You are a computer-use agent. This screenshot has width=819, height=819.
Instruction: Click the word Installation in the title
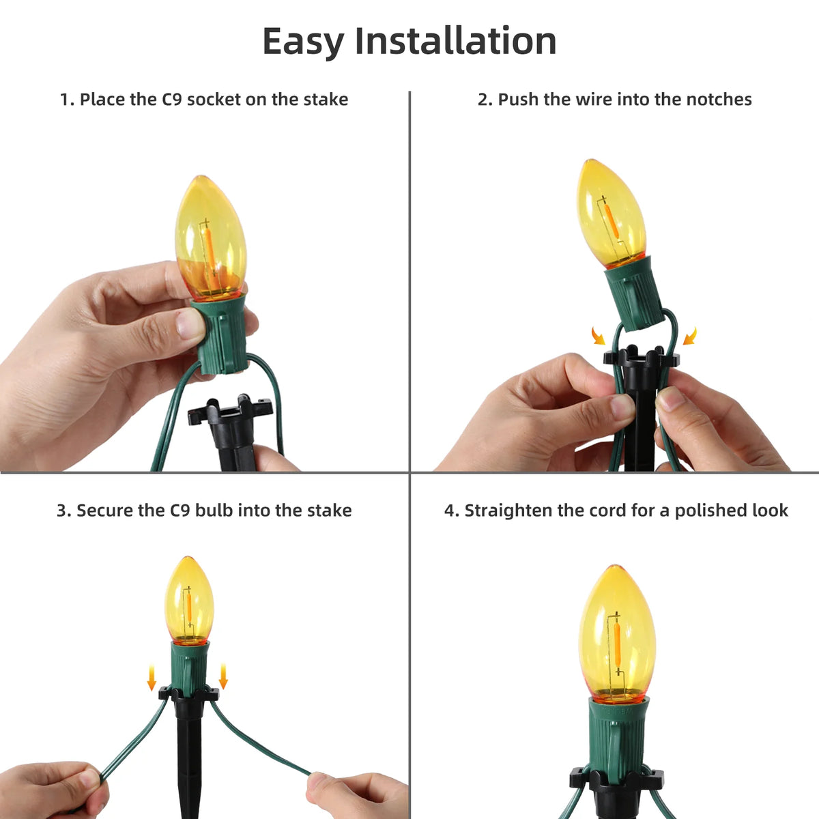pyautogui.click(x=456, y=41)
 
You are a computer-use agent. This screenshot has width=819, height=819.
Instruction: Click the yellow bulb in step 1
pyautogui.click(x=211, y=238)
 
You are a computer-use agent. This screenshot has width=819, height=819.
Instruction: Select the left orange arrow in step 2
pyautogui.click(x=599, y=336)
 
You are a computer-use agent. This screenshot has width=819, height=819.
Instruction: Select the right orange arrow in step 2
pyautogui.click(x=689, y=336)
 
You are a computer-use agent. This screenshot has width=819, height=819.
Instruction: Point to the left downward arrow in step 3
pyautogui.click(x=152, y=677)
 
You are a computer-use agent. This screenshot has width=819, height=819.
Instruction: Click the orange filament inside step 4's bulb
pyautogui.click(x=618, y=650)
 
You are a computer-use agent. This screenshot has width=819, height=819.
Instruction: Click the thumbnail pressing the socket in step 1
pyautogui.click(x=190, y=323)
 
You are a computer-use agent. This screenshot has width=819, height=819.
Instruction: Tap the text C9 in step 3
pyautogui.click(x=179, y=511)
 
